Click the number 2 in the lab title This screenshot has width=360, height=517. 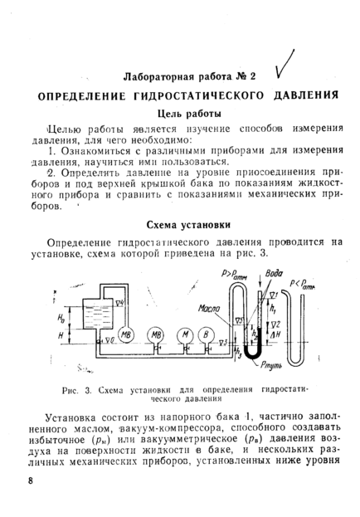tap(253, 76)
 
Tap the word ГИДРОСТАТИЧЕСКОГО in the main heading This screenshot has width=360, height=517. tap(199, 95)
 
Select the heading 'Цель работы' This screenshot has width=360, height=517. tap(189, 114)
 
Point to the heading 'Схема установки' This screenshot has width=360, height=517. tap(188, 225)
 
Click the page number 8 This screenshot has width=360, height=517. tap(31, 480)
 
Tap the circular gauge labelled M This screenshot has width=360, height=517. tap(185, 335)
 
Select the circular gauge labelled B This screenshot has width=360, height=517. tap(206, 335)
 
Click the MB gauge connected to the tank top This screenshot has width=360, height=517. tap(126, 335)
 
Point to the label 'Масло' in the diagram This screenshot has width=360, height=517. tap(209, 309)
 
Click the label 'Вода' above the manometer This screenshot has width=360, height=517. tap(274, 274)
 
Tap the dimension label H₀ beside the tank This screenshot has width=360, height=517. tap(61, 318)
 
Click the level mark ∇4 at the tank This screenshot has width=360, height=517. tap(119, 302)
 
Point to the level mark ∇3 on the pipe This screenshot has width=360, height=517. tap(223, 343)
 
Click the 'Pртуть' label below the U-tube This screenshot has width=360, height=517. tap(271, 365)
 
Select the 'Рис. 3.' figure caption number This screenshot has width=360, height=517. tap(76, 391)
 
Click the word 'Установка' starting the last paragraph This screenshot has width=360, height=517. tap(70, 417)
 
